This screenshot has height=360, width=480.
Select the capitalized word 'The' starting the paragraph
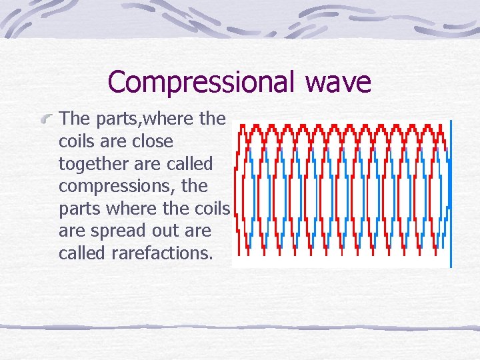75,119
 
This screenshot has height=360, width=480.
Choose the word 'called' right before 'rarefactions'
80,253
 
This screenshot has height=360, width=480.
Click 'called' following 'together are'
189,163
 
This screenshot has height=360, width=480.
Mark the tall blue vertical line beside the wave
451,193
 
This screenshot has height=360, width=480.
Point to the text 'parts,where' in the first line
145,119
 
